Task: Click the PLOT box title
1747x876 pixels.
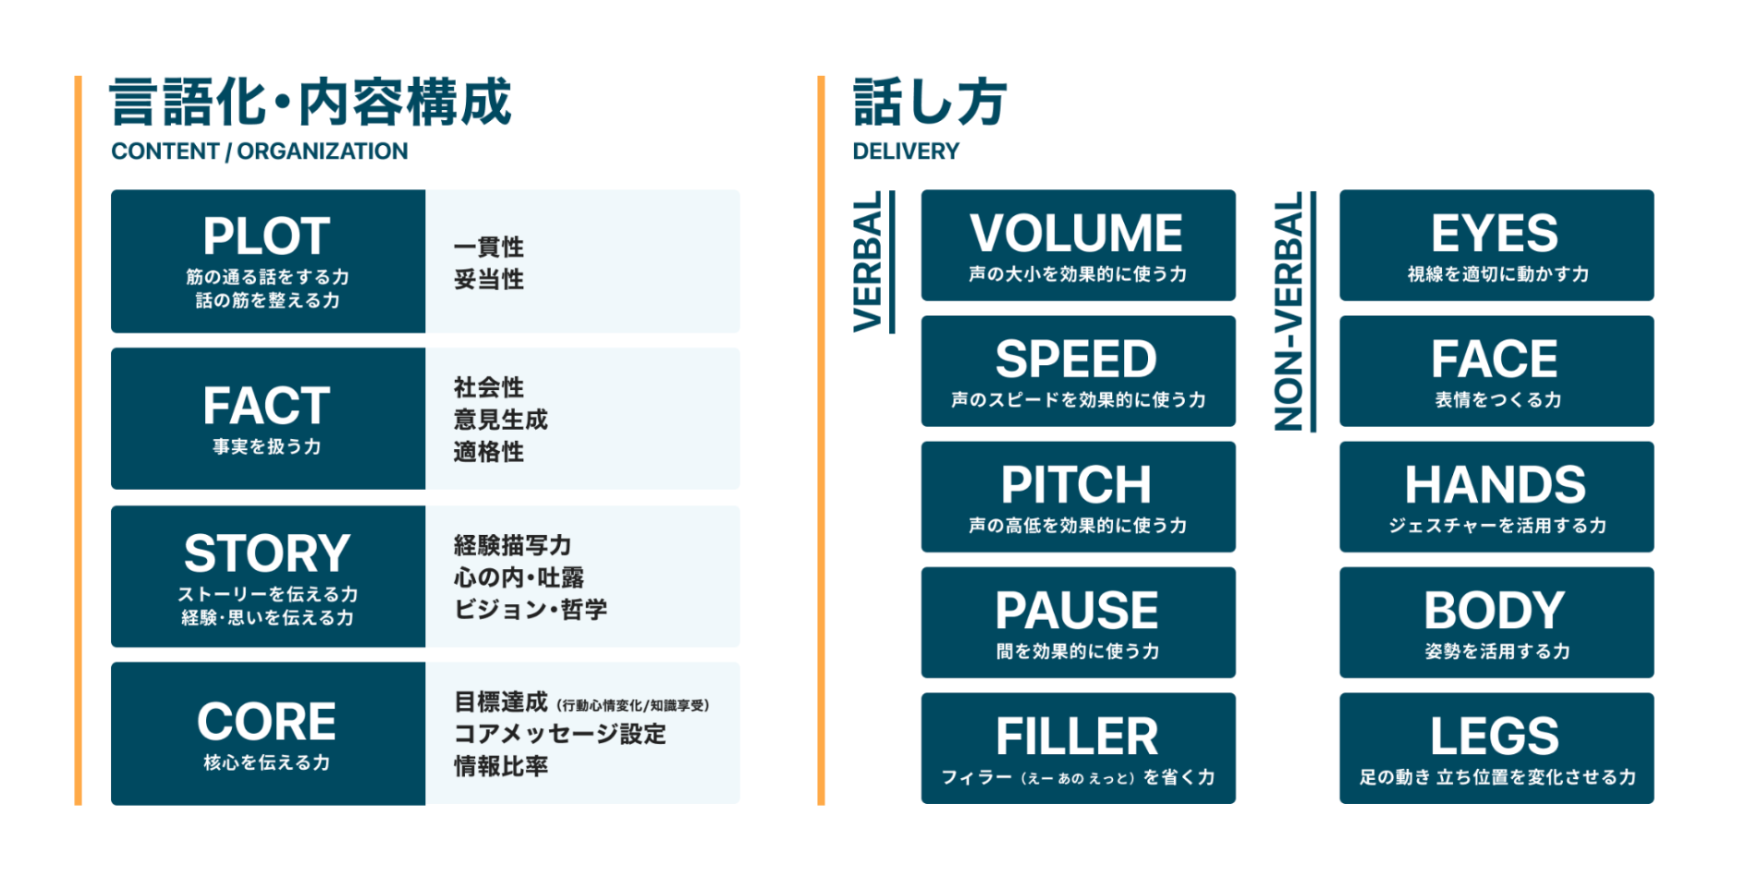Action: [x=266, y=236]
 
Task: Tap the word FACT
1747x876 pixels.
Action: [x=266, y=406]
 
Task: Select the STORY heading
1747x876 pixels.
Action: [x=266, y=554]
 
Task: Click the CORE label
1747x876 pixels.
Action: [x=266, y=722]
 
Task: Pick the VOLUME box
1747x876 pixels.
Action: [x=1078, y=245]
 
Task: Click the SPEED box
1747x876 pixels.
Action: [x=1078, y=371]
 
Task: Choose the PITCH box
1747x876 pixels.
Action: [x=1078, y=496]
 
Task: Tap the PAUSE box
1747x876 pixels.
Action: [x=1078, y=622]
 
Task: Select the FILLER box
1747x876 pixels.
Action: [x=1078, y=748]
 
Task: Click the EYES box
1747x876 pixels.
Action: [x=1496, y=245]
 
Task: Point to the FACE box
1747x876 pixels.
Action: [x=1496, y=371]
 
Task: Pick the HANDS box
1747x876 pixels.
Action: [x=1496, y=496]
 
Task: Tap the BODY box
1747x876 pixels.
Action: [x=1496, y=622]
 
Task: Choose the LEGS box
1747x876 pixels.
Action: [x=1496, y=748]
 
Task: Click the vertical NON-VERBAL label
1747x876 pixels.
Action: [x=1289, y=311]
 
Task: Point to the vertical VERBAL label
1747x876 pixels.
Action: [x=868, y=262]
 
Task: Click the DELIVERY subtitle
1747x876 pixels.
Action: [x=906, y=152]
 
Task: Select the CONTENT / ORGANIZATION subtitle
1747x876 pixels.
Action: [x=260, y=152]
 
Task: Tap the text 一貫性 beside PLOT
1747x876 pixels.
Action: [x=489, y=247]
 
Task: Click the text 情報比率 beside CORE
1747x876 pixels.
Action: [x=501, y=766]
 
